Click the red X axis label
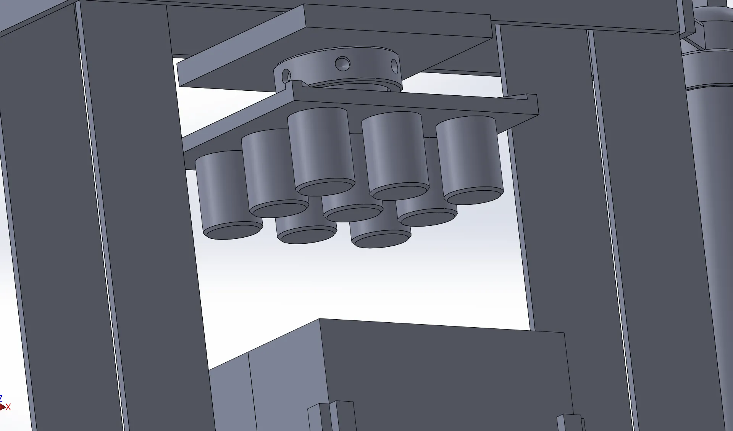click(8, 407)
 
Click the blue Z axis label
click(1, 398)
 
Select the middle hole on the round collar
click(342, 63)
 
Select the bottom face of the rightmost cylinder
click(473, 196)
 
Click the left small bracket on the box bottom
click(330, 416)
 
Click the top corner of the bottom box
click(320, 319)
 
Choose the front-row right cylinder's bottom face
click(380, 240)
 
